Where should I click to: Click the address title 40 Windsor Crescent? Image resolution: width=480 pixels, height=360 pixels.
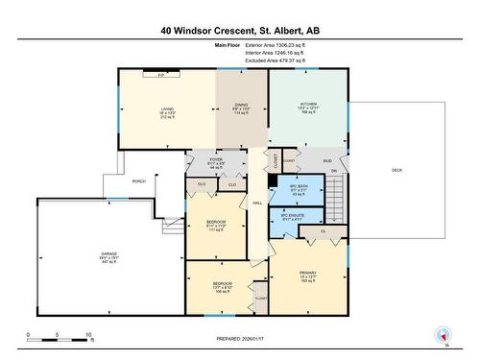click(240, 31)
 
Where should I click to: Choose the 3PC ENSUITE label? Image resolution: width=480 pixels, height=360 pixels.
click(292, 218)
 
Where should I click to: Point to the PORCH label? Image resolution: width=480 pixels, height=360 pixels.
click(139, 180)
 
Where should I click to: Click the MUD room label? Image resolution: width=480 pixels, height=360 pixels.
click(327, 161)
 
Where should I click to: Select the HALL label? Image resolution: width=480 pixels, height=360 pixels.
click(258, 203)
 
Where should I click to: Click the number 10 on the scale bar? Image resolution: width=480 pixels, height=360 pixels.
click(88, 336)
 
